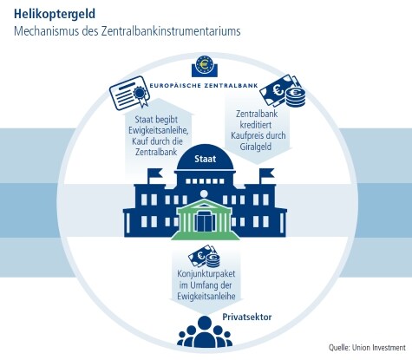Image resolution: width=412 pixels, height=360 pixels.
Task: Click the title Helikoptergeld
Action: (55, 14)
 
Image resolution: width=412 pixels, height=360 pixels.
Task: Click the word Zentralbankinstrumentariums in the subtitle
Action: (171, 31)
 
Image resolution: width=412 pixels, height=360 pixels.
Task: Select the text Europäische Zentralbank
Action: (204, 86)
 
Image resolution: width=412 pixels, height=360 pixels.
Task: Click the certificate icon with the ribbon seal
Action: (130, 93)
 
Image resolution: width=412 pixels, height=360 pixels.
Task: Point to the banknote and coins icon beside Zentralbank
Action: (283, 91)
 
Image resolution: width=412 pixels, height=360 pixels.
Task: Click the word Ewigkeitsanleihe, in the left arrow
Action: (159, 130)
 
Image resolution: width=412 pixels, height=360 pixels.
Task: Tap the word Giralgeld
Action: (256, 147)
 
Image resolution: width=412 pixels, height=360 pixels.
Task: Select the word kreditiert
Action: (256, 125)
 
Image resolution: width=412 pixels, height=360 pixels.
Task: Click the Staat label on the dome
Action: (206, 159)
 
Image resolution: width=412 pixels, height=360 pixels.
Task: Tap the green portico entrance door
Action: (205, 221)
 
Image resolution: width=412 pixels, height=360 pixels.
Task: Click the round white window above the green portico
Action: (204, 193)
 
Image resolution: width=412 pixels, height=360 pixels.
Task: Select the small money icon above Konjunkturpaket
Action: (204, 257)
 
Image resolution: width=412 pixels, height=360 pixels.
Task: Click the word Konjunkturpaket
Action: (206, 274)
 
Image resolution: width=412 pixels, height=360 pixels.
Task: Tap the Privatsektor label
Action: (247, 317)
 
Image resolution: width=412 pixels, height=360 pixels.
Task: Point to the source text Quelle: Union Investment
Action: (367, 348)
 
